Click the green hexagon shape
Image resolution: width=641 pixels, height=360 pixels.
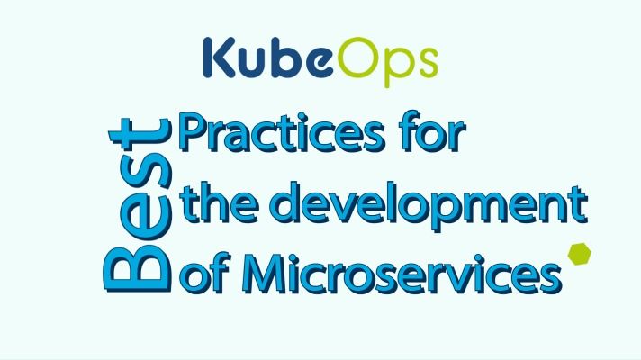click(579, 254)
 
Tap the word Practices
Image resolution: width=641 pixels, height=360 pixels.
click(283, 132)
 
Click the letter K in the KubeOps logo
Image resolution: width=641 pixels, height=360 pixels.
click(220, 58)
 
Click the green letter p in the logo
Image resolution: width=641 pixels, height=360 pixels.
click(398, 67)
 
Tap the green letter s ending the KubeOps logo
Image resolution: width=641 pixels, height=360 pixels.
click(427, 62)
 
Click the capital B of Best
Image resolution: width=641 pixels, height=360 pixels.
click(138, 267)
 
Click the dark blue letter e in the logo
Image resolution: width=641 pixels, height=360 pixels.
click(320, 62)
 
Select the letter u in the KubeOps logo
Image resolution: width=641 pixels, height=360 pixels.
click(254, 62)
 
